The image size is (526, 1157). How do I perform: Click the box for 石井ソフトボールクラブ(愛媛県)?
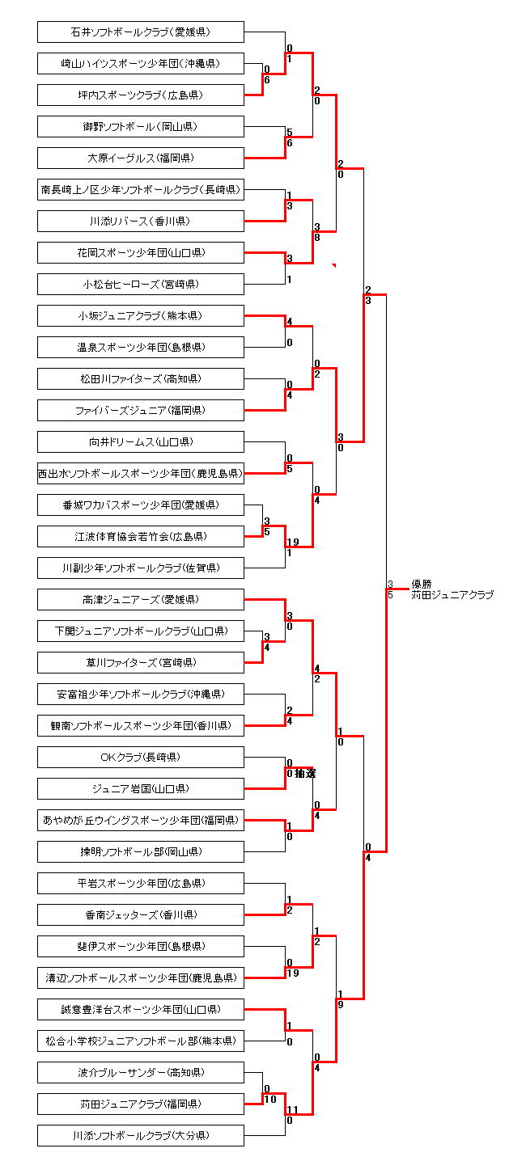[x=140, y=32]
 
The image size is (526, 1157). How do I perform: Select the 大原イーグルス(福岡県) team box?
[x=140, y=158]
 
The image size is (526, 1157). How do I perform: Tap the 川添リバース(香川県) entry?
[x=140, y=222]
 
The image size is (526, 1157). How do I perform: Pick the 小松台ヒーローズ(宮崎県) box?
[x=140, y=285]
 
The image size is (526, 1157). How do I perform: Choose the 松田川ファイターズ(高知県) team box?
[x=140, y=379]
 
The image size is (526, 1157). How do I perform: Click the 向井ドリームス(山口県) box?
[x=140, y=442]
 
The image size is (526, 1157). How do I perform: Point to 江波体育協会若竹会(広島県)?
[x=140, y=537]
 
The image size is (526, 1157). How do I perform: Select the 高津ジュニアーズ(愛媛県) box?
[x=140, y=600]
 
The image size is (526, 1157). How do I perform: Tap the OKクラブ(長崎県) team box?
[x=140, y=758]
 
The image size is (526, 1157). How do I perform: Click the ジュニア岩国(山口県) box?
[x=140, y=789]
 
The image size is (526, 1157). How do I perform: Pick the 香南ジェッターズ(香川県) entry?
[x=140, y=915]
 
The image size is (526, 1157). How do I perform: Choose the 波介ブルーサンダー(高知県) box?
[x=140, y=1073]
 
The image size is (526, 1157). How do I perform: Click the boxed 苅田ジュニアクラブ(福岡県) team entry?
[x=140, y=1104]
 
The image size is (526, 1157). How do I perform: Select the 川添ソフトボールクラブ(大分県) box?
[x=140, y=1136]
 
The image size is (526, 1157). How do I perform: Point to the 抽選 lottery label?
[x=305, y=774]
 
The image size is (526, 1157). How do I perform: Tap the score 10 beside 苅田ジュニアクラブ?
[x=269, y=1099]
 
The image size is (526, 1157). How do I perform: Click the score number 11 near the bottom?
[x=292, y=1110]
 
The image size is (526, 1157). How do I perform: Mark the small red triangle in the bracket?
[x=333, y=265]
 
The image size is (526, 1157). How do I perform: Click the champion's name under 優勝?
[x=452, y=595]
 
